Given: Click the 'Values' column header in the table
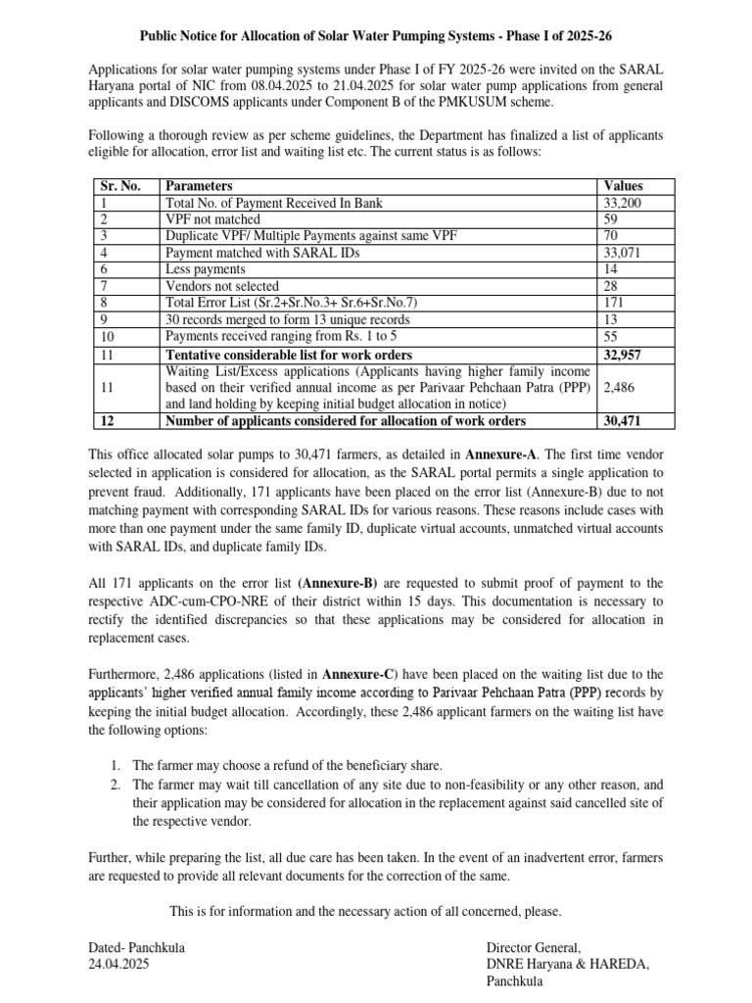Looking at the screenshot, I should tap(623, 186).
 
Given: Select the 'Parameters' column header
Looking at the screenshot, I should tap(199, 186).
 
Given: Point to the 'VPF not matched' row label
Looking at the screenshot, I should tap(212, 219).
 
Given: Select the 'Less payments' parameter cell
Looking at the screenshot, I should tap(206, 268).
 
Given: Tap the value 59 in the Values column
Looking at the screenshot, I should tap(612, 219).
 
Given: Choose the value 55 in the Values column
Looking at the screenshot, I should tap(612, 336).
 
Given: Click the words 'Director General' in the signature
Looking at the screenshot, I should tap(534, 947).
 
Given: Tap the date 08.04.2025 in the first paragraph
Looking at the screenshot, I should tap(290, 87).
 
